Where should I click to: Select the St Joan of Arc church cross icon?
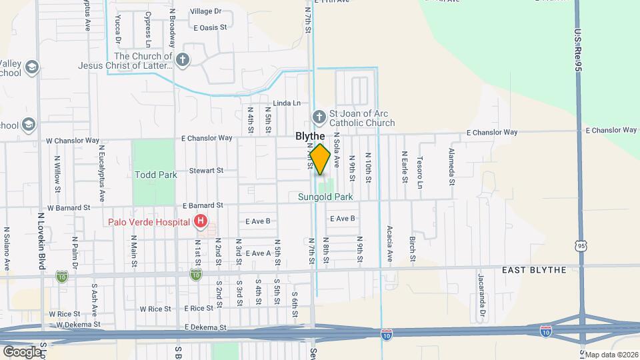319,117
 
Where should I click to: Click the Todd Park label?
156,175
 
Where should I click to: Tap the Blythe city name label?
310,136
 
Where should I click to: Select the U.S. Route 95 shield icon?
581,247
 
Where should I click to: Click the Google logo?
22,351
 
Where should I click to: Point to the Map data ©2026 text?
609,354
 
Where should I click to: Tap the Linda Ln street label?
287,103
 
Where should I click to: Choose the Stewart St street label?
205,171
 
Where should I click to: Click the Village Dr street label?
205,11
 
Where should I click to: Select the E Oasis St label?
211,27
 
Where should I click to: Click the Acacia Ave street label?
389,243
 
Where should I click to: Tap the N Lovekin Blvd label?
41,240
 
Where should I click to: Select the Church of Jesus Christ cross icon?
183,61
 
